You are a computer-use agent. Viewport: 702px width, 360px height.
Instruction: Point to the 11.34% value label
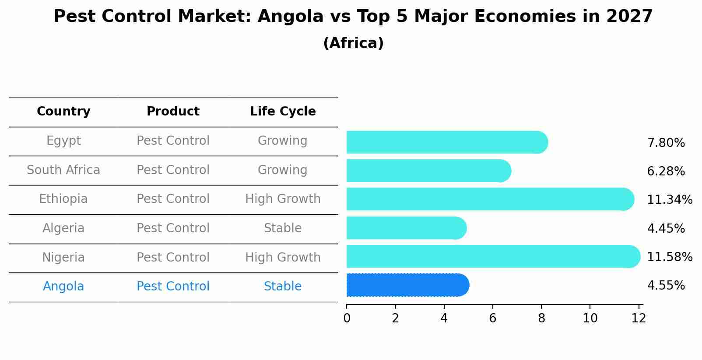(x=669, y=200)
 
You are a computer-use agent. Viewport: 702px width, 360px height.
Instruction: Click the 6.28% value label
(x=666, y=171)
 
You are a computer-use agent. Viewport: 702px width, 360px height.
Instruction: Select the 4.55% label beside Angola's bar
(x=666, y=286)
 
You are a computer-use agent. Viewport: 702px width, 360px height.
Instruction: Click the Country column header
(x=63, y=112)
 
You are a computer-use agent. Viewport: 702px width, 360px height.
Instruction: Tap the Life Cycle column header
(x=283, y=112)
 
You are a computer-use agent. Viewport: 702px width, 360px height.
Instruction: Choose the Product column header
(x=173, y=112)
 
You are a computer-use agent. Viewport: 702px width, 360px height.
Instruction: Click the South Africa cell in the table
(x=63, y=170)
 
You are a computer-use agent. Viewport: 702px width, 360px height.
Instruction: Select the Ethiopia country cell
(x=63, y=199)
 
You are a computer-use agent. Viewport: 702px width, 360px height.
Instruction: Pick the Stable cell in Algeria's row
(x=283, y=228)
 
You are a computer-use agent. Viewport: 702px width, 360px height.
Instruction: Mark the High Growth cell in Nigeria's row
(x=283, y=258)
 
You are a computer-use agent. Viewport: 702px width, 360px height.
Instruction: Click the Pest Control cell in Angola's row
(x=173, y=287)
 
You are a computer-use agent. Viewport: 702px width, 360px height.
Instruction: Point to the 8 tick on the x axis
(x=541, y=318)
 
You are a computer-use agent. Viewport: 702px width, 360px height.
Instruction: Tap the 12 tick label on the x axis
(x=639, y=318)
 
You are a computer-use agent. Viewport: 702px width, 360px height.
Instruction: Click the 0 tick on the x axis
(x=347, y=318)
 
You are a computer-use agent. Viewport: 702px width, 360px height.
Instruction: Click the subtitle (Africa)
(x=353, y=43)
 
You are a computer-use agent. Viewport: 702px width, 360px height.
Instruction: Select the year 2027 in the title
(x=629, y=17)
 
